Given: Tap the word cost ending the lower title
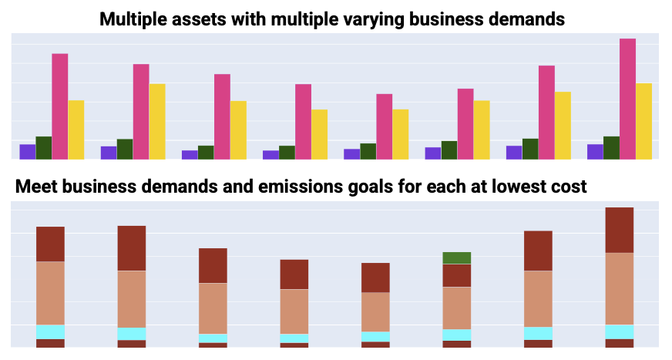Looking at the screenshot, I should pos(570,187).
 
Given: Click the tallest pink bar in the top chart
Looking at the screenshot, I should pos(627,99).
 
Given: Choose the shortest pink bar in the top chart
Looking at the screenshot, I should pos(384,126).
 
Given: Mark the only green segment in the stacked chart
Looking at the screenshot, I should pos(456,258).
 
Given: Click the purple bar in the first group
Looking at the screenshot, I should pos(28,152).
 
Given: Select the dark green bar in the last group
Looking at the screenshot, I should pos(611,148).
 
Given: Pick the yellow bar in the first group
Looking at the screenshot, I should pos(76,130).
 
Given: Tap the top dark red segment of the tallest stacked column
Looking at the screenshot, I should pos(620,230).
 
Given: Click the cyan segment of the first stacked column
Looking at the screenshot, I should pos(50,331).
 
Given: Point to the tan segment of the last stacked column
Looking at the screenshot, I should pos(620,288).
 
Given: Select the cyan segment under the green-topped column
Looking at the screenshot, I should pos(456,335).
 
